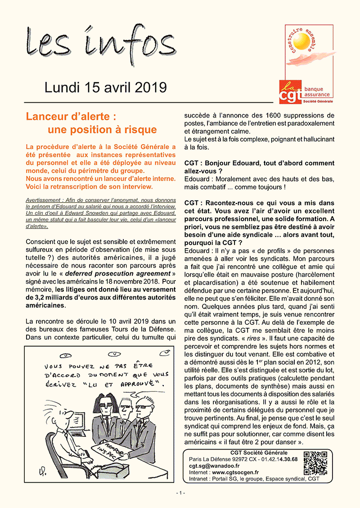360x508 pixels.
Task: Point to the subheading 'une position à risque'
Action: coord(102,130)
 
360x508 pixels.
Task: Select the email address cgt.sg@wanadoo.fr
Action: coord(214,466)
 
